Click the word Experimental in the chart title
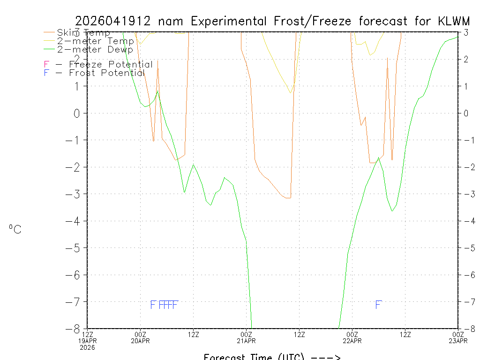[230, 21]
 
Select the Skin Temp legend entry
[83, 33]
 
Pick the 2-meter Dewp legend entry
[95, 49]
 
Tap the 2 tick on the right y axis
[465, 59]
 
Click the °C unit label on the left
[15, 229]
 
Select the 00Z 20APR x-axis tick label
[141, 337]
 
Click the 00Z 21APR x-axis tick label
[247, 337]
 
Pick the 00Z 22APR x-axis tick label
[352, 337]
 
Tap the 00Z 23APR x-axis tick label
[458, 337]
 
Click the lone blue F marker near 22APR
[378, 305]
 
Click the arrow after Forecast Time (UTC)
[324, 357]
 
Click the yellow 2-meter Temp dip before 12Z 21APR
[291, 92]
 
